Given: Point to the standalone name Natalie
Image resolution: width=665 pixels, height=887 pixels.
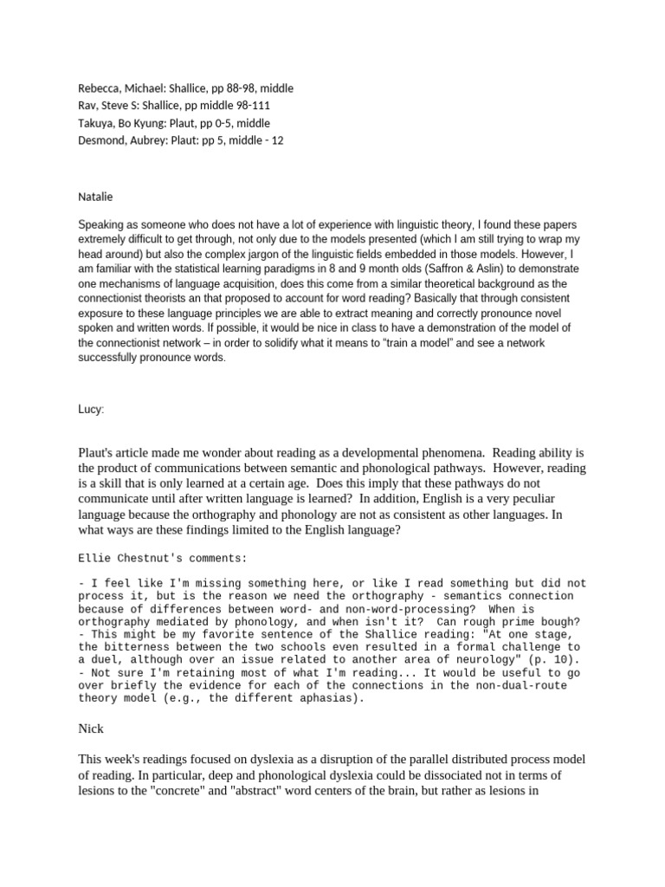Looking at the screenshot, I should click(96, 197).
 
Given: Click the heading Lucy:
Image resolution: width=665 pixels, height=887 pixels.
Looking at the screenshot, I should click(90, 409).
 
